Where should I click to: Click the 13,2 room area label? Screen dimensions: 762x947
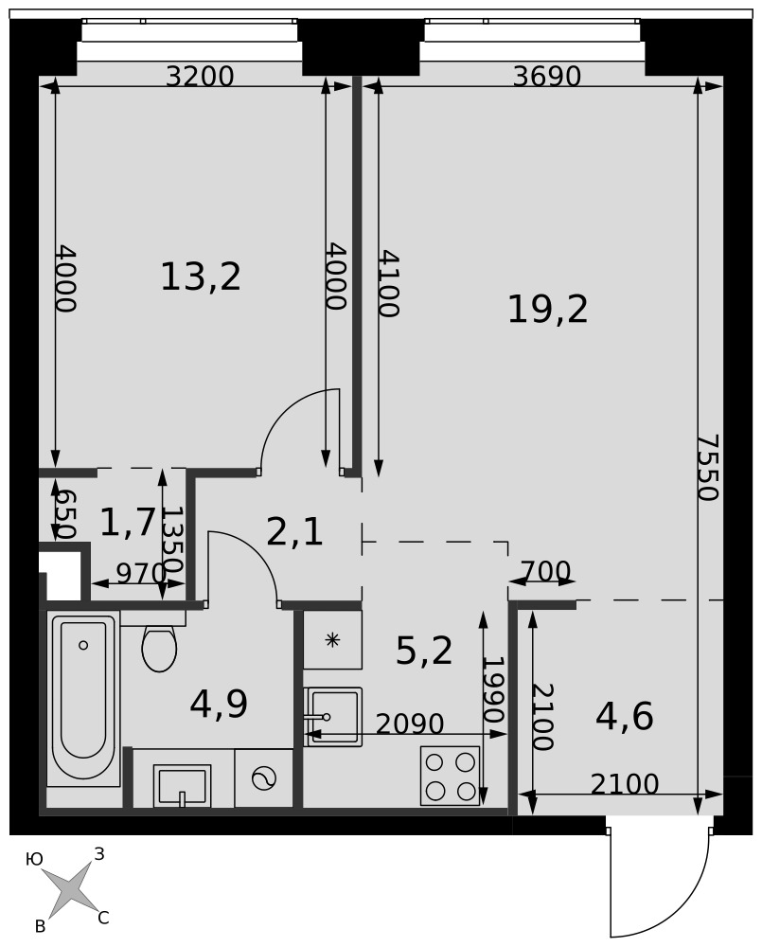click(201, 277)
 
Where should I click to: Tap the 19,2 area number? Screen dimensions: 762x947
click(548, 310)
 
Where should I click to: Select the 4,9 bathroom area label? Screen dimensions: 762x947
click(219, 705)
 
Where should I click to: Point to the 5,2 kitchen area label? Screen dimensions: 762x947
click(424, 652)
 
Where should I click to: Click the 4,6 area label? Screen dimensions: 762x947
click(625, 717)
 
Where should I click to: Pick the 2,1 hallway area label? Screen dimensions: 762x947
click(294, 532)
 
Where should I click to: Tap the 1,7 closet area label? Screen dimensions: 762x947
click(128, 522)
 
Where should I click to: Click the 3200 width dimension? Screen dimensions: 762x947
click(200, 77)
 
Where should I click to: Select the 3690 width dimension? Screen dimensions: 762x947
click(547, 77)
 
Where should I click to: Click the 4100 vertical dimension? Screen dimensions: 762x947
click(388, 284)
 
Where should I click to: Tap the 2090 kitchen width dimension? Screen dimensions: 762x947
click(410, 724)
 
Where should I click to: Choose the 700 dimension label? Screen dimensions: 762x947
click(545, 571)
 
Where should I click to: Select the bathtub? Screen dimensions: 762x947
click(83, 700)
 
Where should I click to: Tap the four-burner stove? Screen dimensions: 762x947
click(450, 777)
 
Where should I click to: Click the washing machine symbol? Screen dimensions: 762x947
click(264, 779)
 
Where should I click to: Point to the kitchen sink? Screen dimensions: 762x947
click(332, 717)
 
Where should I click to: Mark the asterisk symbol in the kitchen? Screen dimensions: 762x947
click(332, 639)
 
